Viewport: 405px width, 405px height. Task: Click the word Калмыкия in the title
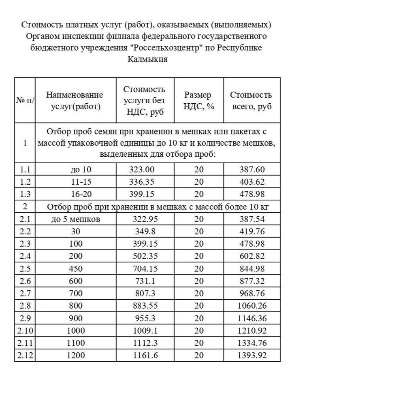147,60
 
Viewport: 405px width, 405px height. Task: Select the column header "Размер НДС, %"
199,101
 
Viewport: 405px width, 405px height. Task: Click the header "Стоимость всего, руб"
251,101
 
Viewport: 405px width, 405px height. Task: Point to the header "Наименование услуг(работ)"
75,101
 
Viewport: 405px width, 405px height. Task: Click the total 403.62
252,181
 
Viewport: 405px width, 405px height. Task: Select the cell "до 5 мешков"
76,219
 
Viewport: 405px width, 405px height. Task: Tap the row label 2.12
24,355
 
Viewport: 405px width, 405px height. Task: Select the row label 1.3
24,194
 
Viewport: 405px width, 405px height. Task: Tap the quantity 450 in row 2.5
76,269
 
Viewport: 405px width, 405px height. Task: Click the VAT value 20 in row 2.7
199,293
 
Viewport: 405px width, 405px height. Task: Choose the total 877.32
252,281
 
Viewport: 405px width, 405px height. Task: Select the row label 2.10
24,330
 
